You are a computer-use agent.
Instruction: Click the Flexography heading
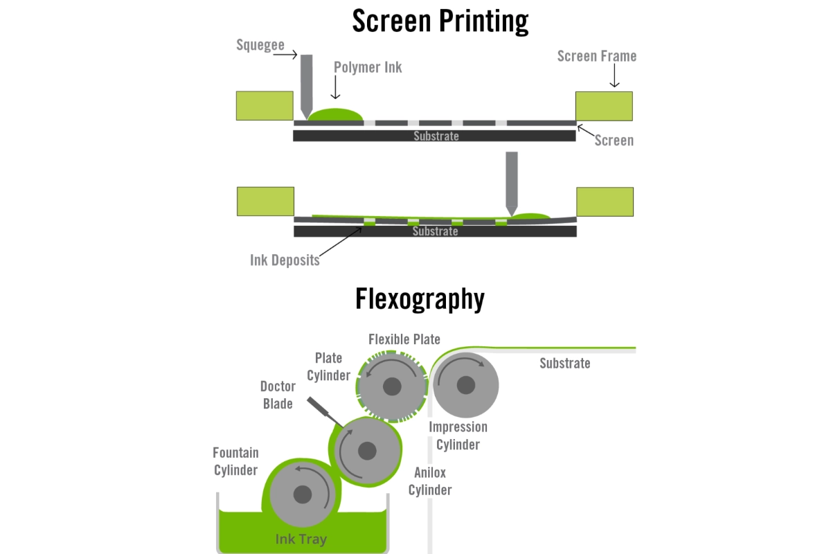pyautogui.click(x=420, y=298)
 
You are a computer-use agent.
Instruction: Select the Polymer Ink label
pyautogui.click(x=368, y=67)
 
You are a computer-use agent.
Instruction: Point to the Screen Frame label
pyautogui.click(x=596, y=56)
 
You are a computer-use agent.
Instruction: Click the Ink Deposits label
pyautogui.click(x=285, y=260)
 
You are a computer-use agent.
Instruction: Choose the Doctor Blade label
pyautogui.click(x=278, y=395)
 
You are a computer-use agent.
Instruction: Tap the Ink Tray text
pyautogui.click(x=301, y=539)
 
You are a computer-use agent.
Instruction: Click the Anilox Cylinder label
pyautogui.click(x=430, y=481)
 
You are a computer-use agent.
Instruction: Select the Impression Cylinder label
pyautogui.click(x=458, y=436)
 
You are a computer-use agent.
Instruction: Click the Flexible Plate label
pyautogui.click(x=404, y=339)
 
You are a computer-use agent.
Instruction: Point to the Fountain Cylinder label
pyautogui.click(x=235, y=461)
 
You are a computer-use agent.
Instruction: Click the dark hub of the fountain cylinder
pyautogui.click(x=302, y=494)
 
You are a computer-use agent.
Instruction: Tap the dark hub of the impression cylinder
pyautogui.click(x=465, y=384)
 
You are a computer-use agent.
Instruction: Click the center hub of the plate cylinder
pyautogui.click(x=392, y=386)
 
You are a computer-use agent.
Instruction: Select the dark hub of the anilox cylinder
pyautogui.click(x=367, y=452)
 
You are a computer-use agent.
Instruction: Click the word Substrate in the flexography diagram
pyautogui.click(x=565, y=363)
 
